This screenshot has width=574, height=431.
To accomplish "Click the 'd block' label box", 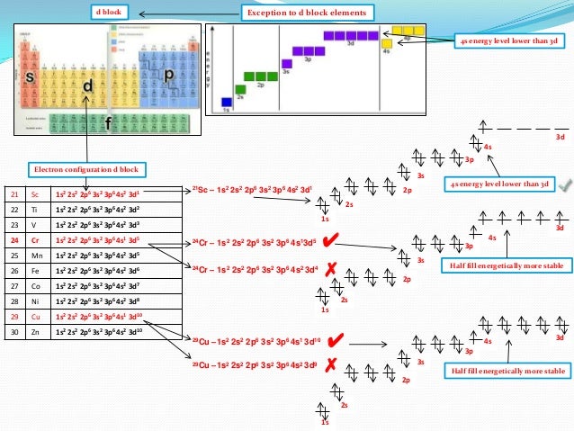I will point(112,13).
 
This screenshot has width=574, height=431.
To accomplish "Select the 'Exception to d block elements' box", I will point(307,13).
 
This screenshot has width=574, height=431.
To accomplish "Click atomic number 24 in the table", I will point(14,240).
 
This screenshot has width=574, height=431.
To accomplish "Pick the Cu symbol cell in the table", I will point(37,317).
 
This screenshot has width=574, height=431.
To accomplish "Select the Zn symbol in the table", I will point(37,332).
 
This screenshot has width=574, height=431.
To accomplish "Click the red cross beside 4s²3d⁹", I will point(330,364).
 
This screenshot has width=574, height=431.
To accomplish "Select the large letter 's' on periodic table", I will point(30,78).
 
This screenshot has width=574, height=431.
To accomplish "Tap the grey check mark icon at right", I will point(564,184).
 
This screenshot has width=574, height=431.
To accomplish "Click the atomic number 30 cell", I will point(14,332).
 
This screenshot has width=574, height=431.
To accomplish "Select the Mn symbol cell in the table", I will point(37,256).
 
